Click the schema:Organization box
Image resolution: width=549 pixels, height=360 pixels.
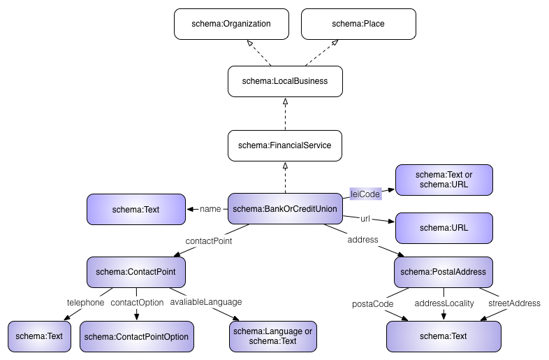tap(231, 24)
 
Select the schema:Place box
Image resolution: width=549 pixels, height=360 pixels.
tap(358, 24)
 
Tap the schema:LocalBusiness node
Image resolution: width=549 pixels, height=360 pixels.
tap(285, 81)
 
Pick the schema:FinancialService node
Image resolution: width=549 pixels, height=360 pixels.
tap(285, 145)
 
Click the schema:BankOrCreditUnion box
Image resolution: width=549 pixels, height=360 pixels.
tap(285, 209)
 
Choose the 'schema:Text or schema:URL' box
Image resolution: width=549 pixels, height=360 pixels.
tap(444, 180)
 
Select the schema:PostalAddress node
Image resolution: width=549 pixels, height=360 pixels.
tap(444, 272)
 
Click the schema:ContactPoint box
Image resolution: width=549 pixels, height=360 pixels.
tap(136, 272)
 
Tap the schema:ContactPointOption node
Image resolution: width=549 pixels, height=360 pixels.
tap(136, 336)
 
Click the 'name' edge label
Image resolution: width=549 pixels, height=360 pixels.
tap(210, 208)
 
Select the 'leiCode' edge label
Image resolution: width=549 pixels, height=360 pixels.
tap(365, 194)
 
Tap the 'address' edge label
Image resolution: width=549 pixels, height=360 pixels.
tap(363, 239)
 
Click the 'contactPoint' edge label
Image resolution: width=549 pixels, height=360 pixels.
tap(208, 240)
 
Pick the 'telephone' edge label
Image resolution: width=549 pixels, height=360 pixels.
tap(85, 303)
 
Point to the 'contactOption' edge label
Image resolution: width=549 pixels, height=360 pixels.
tap(137, 303)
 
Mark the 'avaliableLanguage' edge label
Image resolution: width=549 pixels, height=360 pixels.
tap(206, 302)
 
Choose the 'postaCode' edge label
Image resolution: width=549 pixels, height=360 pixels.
tap(373, 303)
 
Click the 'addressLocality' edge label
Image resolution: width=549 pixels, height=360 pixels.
tap(444, 303)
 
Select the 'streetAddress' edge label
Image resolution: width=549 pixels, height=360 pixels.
tap(514, 303)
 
